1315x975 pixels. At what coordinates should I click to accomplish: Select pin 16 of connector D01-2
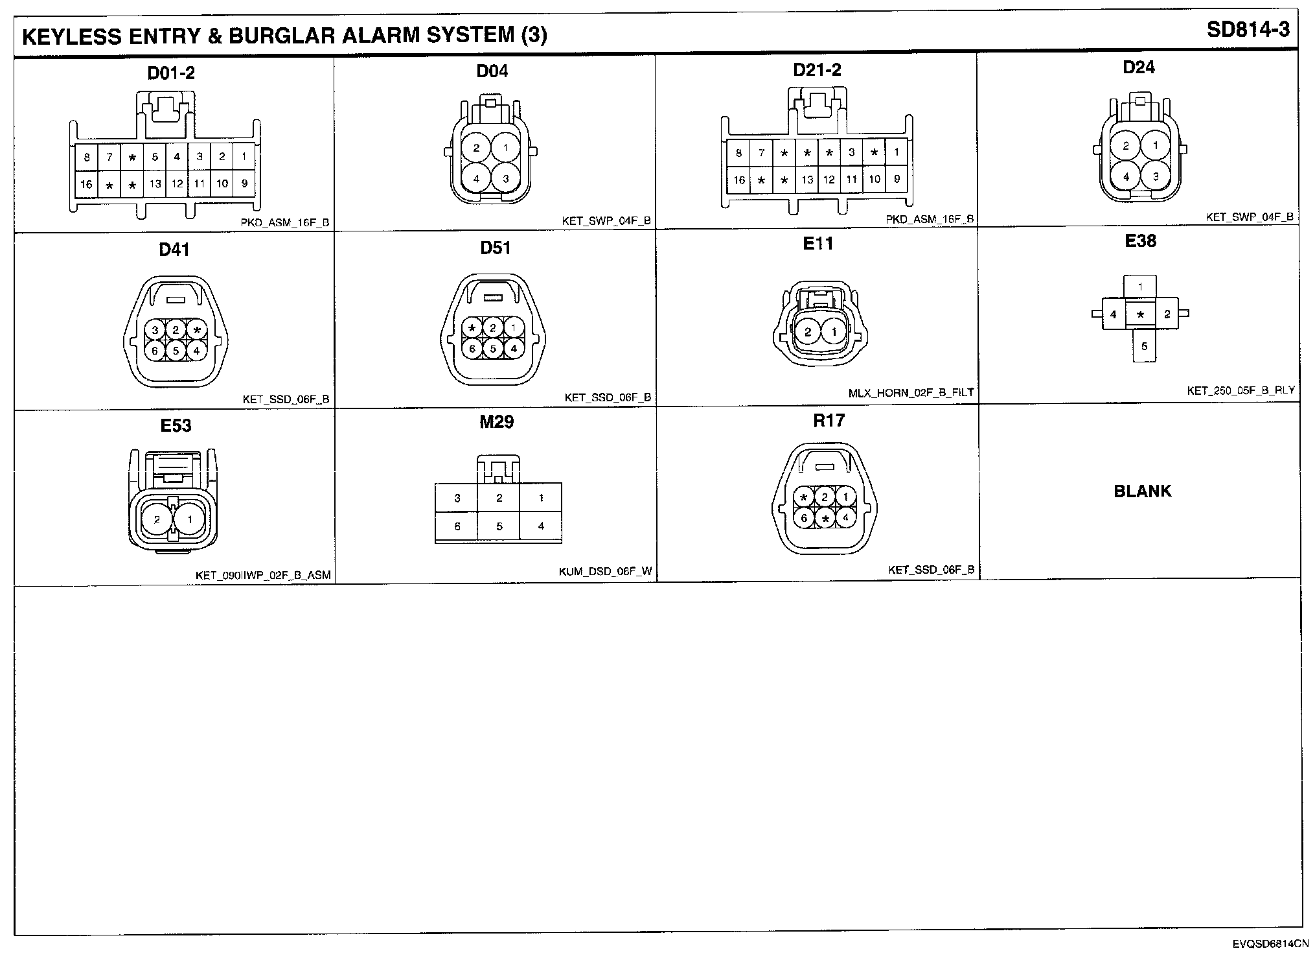click(x=86, y=185)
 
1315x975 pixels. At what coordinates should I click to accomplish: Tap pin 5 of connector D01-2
click(x=155, y=157)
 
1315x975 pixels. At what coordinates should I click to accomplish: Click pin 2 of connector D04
click(x=476, y=148)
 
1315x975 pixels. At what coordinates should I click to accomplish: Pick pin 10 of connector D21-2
click(x=875, y=180)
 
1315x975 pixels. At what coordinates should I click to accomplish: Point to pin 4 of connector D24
click(x=1126, y=176)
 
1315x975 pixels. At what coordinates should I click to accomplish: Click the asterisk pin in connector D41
click(x=197, y=330)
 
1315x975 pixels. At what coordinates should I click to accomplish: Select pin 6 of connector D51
click(x=473, y=349)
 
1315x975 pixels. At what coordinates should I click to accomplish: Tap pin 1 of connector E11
click(x=834, y=333)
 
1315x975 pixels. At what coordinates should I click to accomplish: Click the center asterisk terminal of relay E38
click(x=1140, y=315)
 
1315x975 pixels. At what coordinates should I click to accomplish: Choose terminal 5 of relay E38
click(x=1145, y=346)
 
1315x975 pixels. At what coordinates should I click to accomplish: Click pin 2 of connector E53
click(x=157, y=519)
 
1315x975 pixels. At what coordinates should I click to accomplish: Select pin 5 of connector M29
click(x=499, y=526)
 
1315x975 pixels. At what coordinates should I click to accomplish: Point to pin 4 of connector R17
click(x=845, y=517)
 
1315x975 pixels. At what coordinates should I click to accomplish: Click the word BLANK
click(x=1143, y=491)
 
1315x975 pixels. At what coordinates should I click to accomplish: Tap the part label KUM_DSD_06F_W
click(x=605, y=572)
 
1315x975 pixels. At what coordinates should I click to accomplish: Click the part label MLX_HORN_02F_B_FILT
click(x=911, y=393)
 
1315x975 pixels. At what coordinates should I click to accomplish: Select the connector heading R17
click(x=829, y=421)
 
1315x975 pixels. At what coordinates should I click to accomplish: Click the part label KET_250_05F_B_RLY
click(x=1241, y=391)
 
